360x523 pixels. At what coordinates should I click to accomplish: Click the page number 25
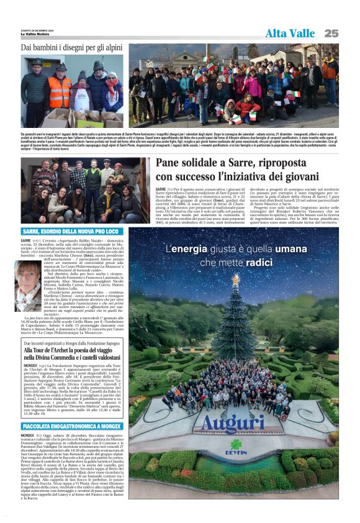331,33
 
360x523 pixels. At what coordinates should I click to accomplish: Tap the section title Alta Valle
290,34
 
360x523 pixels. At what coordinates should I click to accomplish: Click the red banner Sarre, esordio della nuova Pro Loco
71,232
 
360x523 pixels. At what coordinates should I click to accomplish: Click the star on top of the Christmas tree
235,278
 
